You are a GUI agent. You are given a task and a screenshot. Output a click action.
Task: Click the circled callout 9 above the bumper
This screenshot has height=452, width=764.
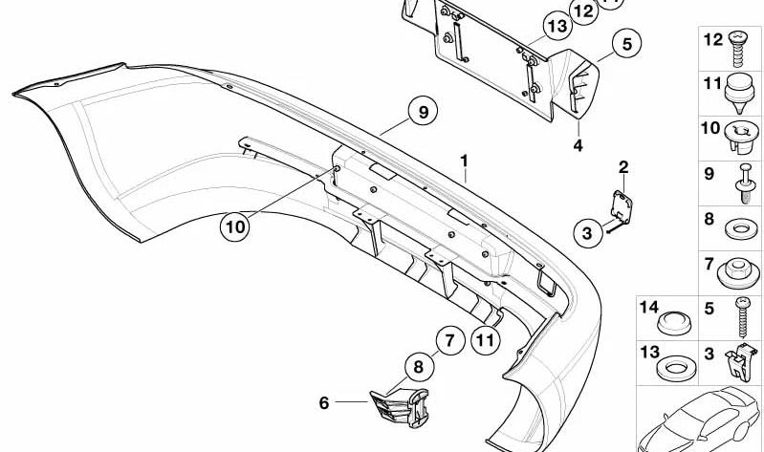(423, 112)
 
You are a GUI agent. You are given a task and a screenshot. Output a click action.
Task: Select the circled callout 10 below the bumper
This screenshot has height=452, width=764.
(235, 227)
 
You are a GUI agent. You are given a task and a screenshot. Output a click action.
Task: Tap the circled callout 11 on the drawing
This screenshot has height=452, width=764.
(486, 340)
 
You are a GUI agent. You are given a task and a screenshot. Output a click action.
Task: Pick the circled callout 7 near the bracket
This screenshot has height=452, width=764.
(449, 340)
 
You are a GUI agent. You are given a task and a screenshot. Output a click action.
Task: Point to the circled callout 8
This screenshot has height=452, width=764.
(419, 367)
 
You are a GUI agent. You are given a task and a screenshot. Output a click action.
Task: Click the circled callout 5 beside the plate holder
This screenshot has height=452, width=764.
(626, 43)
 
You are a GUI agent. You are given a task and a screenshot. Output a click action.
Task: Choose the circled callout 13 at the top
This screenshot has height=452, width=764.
(557, 26)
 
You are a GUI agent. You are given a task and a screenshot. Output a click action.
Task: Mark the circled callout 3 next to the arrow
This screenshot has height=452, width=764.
(588, 233)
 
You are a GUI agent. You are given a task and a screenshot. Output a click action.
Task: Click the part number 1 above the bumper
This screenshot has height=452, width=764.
(465, 161)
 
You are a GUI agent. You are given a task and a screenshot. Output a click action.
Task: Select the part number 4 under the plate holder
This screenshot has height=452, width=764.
(578, 145)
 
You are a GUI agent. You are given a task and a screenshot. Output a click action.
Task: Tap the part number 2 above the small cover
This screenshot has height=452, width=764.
(623, 167)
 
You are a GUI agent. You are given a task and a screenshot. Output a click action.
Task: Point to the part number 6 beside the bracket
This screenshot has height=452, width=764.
(324, 403)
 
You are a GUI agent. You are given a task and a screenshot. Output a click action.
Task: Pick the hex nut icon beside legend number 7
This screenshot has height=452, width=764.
(739, 273)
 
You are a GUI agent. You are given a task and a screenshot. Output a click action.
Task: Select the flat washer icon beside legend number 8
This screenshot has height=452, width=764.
(741, 228)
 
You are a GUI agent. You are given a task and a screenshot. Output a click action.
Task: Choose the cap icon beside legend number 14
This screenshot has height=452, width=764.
(674, 322)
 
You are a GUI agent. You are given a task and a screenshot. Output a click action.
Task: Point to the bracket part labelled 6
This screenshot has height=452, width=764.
(400, 407)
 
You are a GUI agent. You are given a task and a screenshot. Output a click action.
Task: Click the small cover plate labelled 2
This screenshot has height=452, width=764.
(622, 207)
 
